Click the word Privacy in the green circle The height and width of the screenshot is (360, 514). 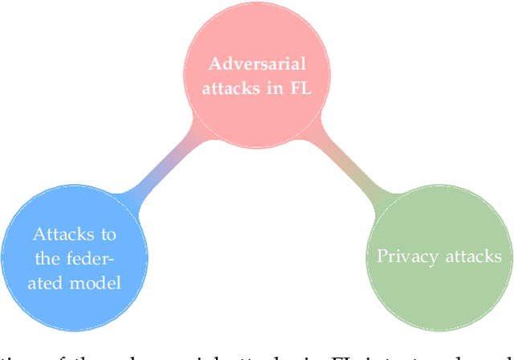[405, 257]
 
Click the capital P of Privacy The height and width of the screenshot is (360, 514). [381, 256]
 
